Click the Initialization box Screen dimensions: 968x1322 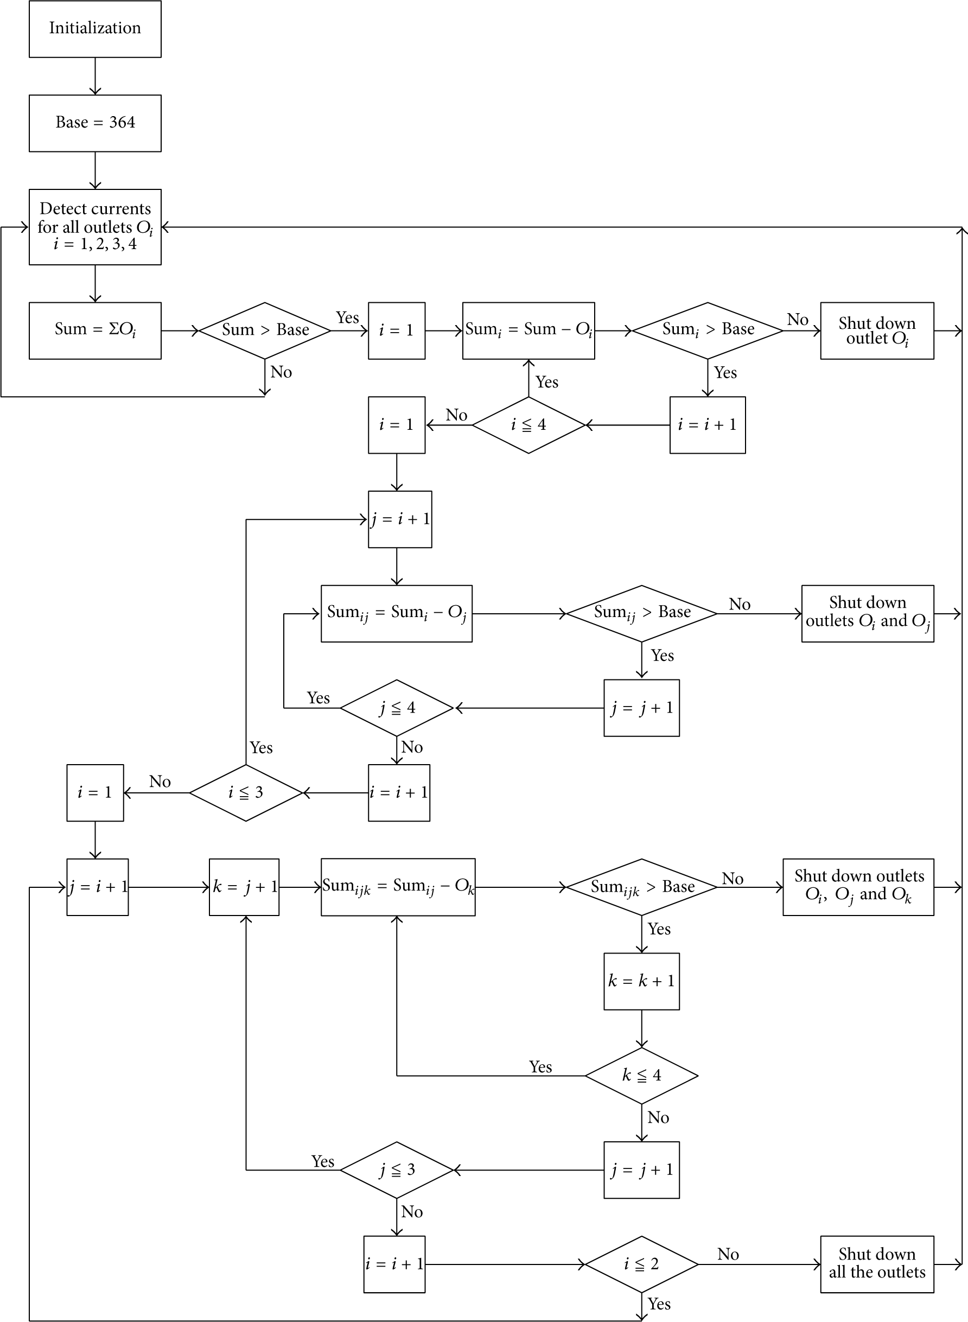(95, 29)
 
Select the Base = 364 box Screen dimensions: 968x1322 (95, 123)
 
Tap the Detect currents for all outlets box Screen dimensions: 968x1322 (95, 227)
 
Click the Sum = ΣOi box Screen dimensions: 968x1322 (95, 330)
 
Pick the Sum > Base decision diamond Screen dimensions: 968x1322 (265, 330)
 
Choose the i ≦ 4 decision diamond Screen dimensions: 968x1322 (528, 425)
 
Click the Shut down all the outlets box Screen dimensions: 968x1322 (877, 1264)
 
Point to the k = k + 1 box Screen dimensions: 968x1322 (641, 982)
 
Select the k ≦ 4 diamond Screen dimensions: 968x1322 (641, 1076)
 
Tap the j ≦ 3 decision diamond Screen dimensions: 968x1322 (397, 1170)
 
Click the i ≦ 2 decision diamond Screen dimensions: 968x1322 (641, 1264)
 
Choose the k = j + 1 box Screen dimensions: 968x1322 (244, 887)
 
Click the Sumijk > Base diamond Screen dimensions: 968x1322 (641, 887)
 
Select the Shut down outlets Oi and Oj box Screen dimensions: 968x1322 (868, 614)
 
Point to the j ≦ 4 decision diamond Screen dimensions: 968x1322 (397, 708)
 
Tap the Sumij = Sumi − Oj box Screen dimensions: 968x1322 (397, 614)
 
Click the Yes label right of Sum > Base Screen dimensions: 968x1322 (347, 317)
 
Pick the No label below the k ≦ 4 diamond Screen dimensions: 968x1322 (659, 1117)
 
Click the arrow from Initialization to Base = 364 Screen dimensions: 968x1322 (95, 76)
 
